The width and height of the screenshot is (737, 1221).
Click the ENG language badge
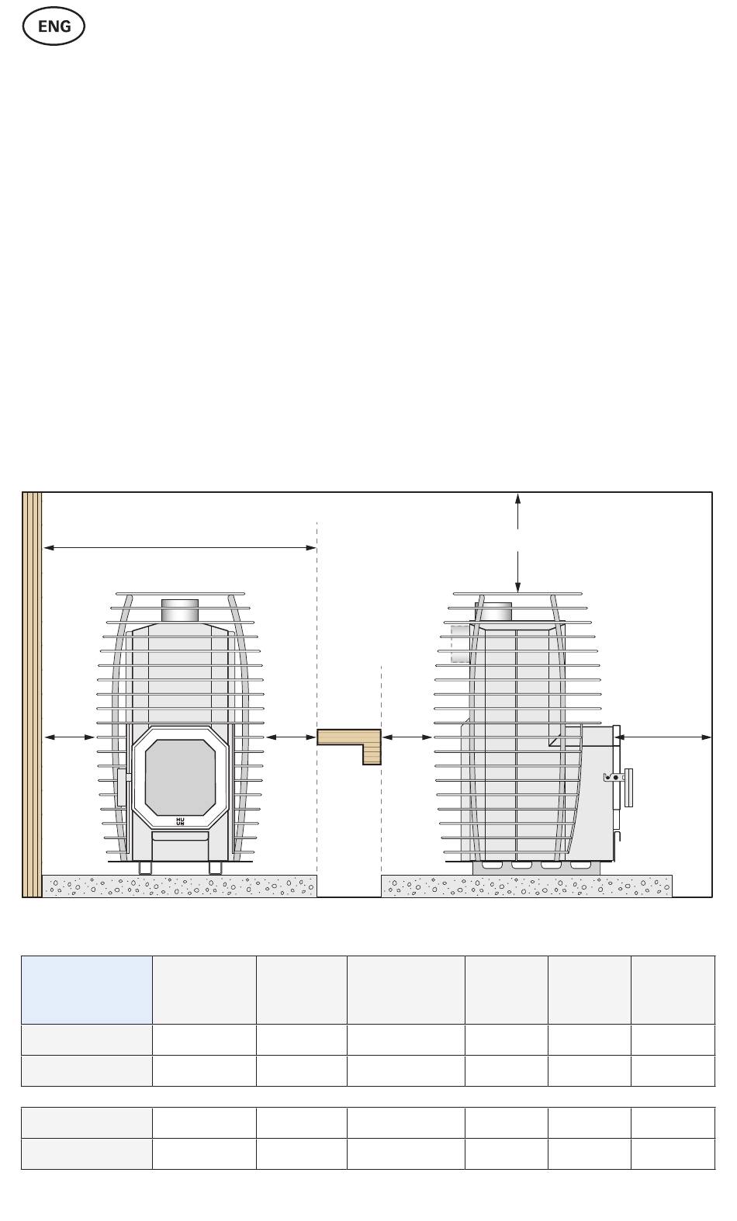(54, 26)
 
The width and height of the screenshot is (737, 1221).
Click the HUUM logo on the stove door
(180, 821)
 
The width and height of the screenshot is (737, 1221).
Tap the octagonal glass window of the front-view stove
(180, 777)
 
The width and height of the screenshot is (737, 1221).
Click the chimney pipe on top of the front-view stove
(180, 610)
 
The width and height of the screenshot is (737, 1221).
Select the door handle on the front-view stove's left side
(122, 787)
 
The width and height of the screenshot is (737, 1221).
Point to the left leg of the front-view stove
(145, 867)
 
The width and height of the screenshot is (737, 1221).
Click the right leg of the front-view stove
(216, 867)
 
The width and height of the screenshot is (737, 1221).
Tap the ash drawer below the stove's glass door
(180, 836)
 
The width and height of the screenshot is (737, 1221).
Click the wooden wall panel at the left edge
(32, 695)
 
